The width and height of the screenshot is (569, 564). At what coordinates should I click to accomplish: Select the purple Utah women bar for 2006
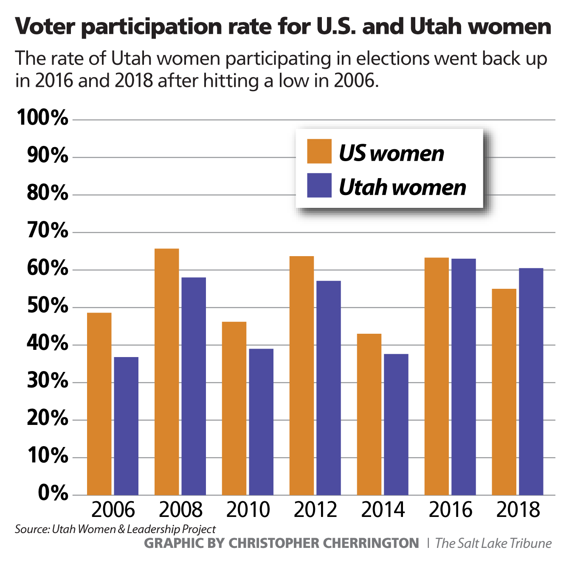tap(126, 426)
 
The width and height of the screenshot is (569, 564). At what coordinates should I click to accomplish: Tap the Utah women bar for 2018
tap(531, 381)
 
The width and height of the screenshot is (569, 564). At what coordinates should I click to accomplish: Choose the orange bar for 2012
tap(301, 375)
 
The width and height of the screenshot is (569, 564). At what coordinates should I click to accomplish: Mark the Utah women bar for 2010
tap(261, 422)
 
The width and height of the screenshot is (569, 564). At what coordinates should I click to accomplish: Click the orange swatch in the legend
tap(319, 151)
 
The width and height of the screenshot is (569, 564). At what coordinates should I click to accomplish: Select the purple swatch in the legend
tap(319, 185)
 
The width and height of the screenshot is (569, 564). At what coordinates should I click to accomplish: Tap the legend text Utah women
tap(402, 187)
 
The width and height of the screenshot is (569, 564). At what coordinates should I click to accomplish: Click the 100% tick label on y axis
tap(42, 117)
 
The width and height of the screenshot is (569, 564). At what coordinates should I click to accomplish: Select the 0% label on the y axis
tap(53, 493)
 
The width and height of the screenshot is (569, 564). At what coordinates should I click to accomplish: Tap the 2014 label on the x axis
tap(383, 509)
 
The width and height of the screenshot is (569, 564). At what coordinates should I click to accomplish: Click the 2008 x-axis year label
tap(180, 509)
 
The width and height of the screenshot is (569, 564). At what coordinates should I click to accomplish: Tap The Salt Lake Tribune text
tap(493, 543)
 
